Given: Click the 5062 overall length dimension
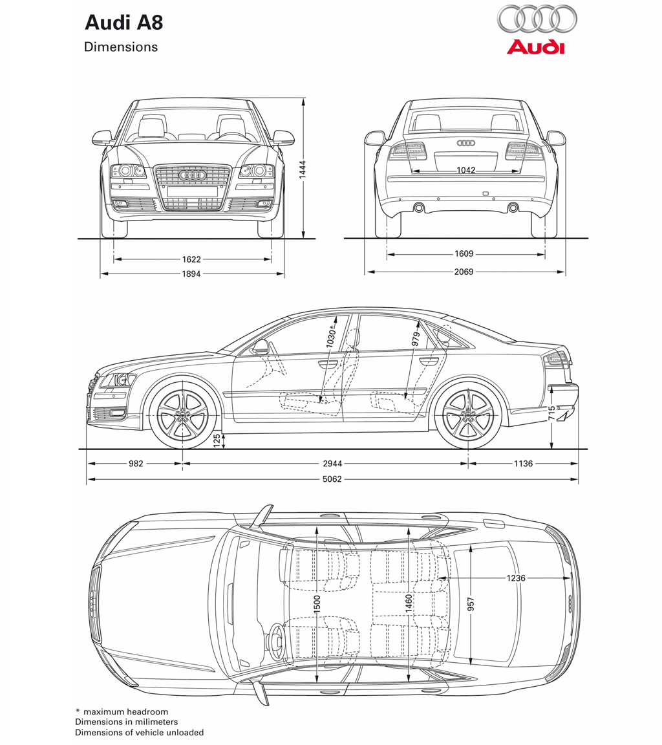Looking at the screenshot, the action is pyautogui.click(x=332, y=479).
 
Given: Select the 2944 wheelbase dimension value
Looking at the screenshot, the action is pyautogui.click(x=332, y=463).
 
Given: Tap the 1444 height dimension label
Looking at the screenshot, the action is pyautogui.click(x=303, y=169).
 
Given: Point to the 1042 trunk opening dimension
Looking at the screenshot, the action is pyautogui.click(x=466, y=170).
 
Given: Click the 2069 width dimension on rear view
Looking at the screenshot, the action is pyautogui.click(x=464, y=272).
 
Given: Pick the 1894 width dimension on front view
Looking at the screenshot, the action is pyautogui.click(x=191, y=274).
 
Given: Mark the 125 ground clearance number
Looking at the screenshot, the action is pyautogui.click(x=217, y=440).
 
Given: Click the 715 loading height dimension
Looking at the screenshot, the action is pyautogui.click(x=551, y=413).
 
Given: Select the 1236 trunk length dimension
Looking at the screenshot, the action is pyautogui.click(x=516, y=578).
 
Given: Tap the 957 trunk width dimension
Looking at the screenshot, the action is pyautogui.click(x=471, y=605).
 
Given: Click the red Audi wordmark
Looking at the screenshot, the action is pyautogui.click(x=536, y=47).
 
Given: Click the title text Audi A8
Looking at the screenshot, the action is pyautogui.click(x=124, y=23).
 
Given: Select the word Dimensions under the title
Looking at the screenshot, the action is pyautogui.click(x=121, y=47).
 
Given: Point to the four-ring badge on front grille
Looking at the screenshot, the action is pyautogui.click(x=193, y=175).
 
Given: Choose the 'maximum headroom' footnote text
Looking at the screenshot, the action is pyautogui.click(x=126, y=712).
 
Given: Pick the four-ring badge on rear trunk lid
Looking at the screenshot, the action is pyautogui.click(x=466, y=143).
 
